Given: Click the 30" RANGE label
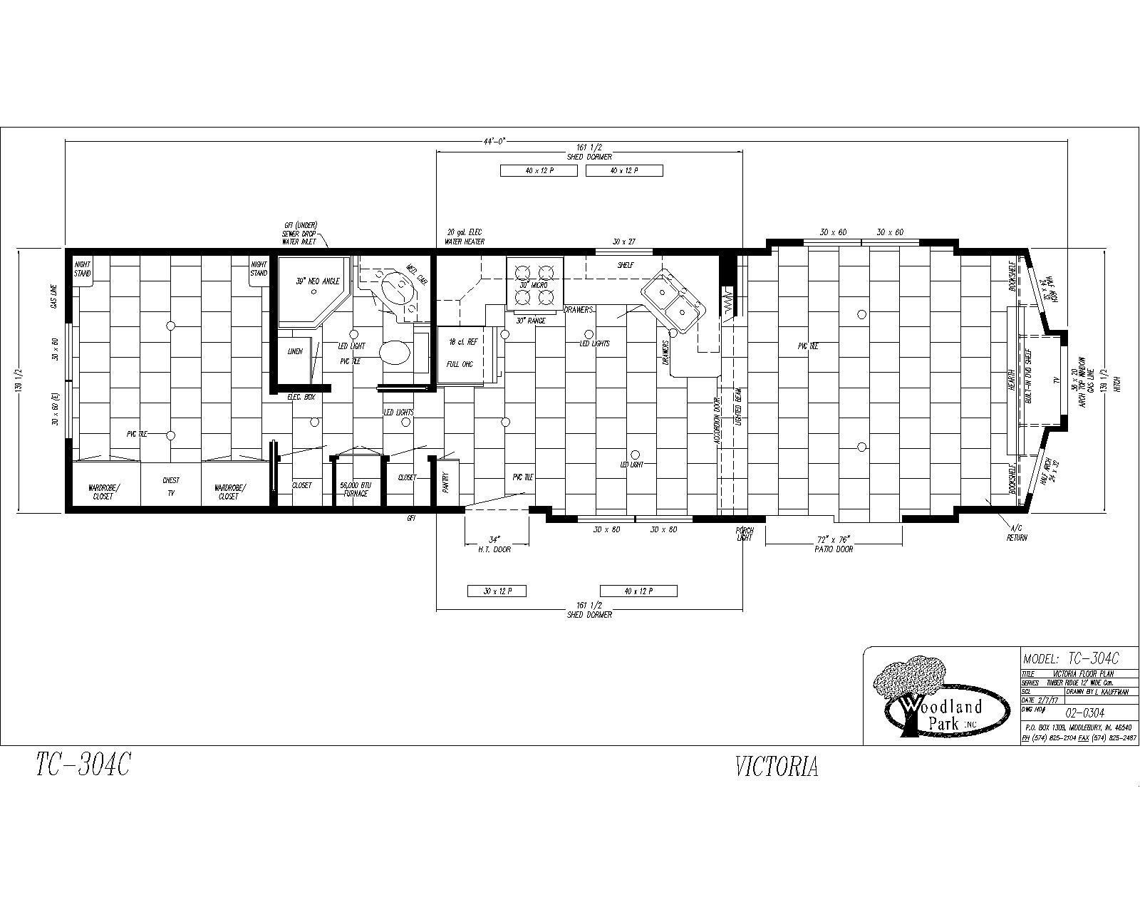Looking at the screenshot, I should coord(531,321).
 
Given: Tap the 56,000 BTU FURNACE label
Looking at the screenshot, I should coord(356,489).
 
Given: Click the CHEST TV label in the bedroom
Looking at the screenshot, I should coord(170,487).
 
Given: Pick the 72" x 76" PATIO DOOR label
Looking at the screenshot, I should coord(833,544).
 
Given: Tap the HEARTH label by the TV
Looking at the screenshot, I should coord(1011,378).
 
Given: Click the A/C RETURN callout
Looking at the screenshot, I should coord(1017,533).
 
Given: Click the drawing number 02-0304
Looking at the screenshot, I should coord(1084,712).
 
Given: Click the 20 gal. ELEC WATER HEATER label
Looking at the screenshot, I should coord(465,237).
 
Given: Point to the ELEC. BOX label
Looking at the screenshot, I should coord(301,396).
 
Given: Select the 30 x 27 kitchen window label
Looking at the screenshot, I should coord(624,242).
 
